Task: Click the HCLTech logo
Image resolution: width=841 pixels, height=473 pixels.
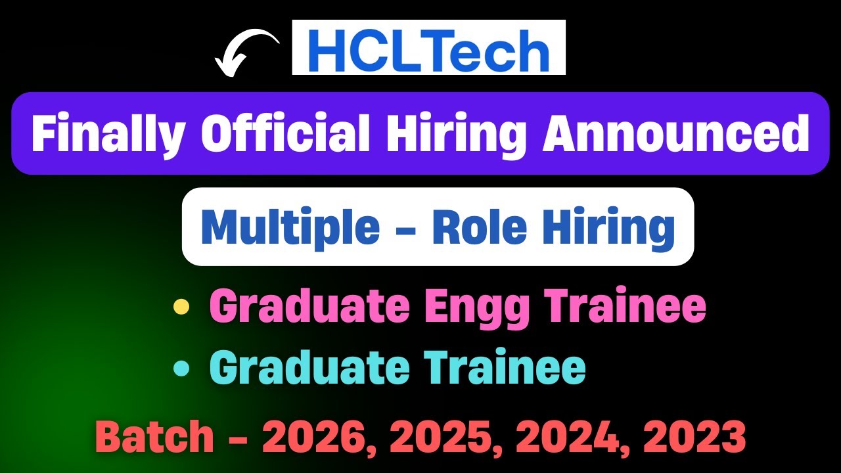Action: pyautogui.click(x=428, y=47)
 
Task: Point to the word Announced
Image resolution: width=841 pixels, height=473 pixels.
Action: pyautogui.click(x=675, y=133)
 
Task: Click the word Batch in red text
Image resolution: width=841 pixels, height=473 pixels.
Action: pyautogui.click(x=155, y=436)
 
